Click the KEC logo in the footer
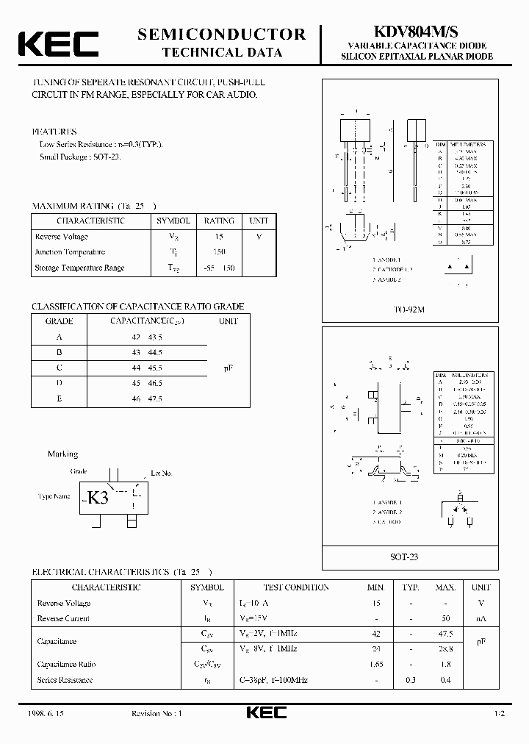coord(265,713)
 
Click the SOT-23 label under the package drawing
coord(404,557)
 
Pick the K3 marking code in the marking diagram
coord(98,497)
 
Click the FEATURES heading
coord(54,131)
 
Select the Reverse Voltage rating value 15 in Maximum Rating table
coord(219,237)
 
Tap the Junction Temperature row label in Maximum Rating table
coord(70,252)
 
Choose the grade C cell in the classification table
coord(59,367)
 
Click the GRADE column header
coord(59,321)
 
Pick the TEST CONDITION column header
coord(296,587)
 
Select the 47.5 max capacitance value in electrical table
coord(445,632)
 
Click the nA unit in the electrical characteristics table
coord(481,618)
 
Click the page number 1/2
coord(499,714)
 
